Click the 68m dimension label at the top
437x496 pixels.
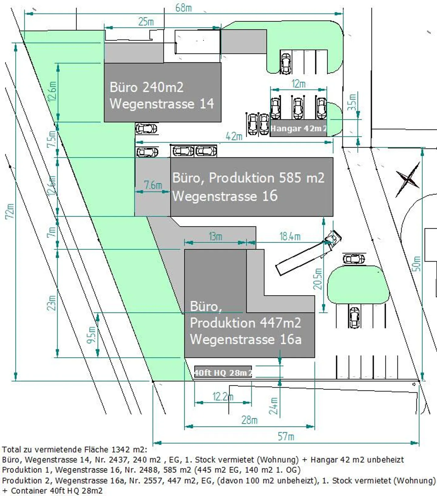point(184,8)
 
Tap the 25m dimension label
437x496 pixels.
point(146,22)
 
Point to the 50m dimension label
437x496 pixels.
point(417,263)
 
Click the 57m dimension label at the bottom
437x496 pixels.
point(286,437)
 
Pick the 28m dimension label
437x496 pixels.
point(249,420)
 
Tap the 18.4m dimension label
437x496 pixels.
point(290,236)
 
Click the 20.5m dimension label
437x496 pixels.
point(318,279)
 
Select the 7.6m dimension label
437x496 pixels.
point(153,185)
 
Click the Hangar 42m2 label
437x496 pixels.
point(298,129)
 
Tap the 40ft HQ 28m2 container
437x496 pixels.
point(223,373)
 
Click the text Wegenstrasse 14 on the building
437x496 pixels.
point(162,104)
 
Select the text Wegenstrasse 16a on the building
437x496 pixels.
point(246,339)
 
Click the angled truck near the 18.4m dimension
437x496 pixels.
point(308,254)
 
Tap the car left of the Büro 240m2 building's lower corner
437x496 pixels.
point(146,129)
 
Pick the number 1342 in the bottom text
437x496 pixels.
point(120,449)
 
